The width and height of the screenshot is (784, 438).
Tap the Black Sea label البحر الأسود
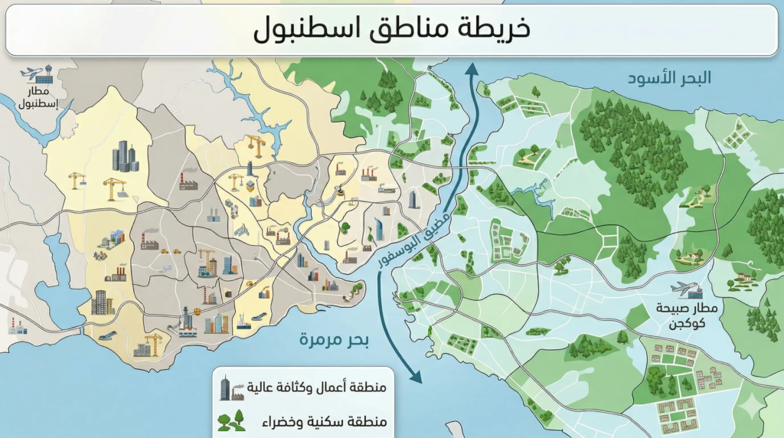[x=669, y=77]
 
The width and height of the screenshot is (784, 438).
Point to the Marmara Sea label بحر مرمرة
[x=334, y=338]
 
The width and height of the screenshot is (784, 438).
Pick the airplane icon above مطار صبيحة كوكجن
[x=684, y=289]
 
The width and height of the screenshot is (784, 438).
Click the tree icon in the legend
[x=231, y=420]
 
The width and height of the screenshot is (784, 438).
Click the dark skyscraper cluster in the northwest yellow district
[x=125, y=156]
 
